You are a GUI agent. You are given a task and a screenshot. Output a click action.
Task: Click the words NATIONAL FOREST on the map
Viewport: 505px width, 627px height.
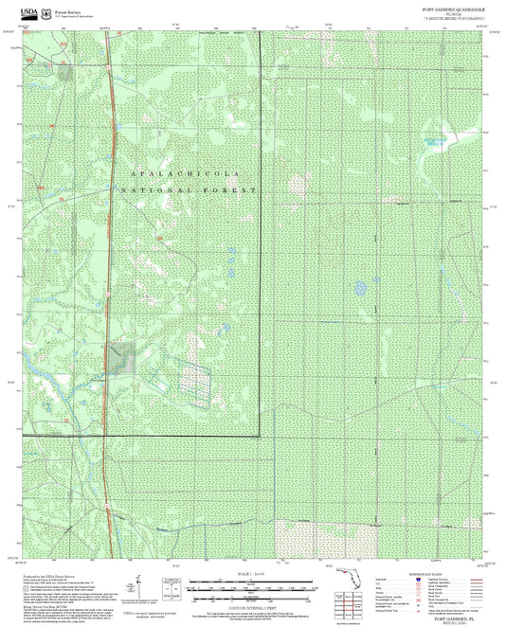click(189, 190)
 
